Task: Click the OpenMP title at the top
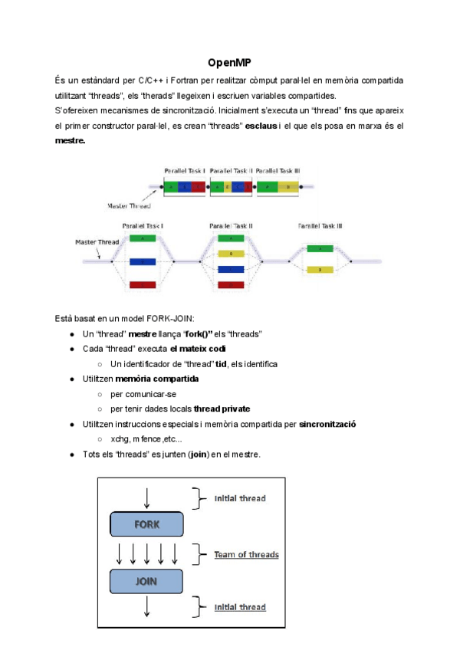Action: pos(230,62)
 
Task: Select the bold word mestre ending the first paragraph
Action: pos(70,141)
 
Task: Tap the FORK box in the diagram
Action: pos(146,525)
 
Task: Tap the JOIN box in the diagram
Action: pos(146,581)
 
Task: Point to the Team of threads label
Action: pos(246,554)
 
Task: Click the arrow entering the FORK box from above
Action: pos(146,497)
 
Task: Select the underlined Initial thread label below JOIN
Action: pos(240,607)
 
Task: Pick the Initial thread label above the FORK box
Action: pos(240,498)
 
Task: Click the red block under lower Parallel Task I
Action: pos(143,285)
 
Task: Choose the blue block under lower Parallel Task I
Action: pos(143,261)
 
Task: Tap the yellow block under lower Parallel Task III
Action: pos(320,269)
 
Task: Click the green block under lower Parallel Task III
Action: pos(320,248)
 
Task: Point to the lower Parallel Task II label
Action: pos(231,226)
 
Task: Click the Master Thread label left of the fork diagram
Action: pos(95,242)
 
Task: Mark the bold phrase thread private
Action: pos(222,409)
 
